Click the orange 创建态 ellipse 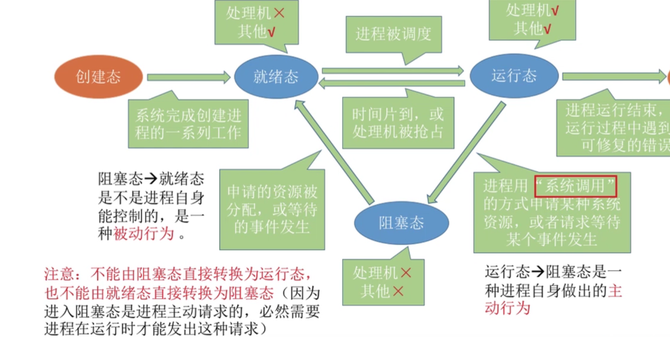98,77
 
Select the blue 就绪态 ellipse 275,77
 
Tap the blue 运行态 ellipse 514,76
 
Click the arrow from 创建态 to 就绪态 188,77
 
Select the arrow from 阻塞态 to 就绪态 334,152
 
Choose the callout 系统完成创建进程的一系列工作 188,124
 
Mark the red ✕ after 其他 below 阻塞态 398,291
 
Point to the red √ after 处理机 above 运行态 555,10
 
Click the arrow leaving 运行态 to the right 614,76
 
